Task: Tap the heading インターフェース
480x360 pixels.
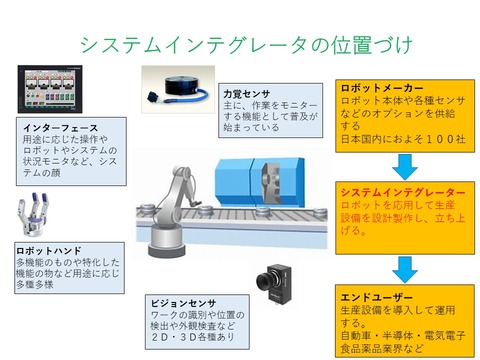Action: pyautogui.click(x=59, y=129)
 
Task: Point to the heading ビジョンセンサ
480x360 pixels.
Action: pyautogui.click(x=180, y=301)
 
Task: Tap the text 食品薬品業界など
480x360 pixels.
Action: pyautogui.click(x=381, y=350)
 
